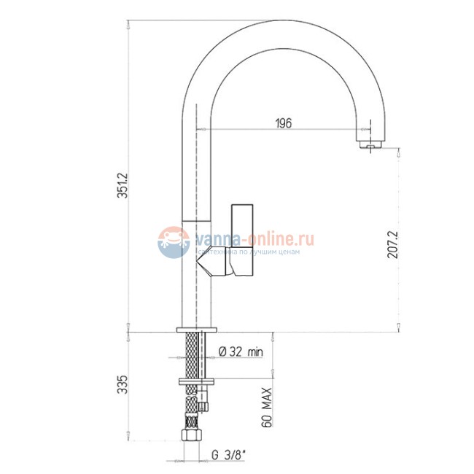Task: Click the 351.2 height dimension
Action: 123,186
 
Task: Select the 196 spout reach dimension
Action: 284,123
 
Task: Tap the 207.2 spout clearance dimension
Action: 393,244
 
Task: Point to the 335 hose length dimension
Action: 123,384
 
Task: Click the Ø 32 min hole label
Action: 241,351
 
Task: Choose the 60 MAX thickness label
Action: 267,407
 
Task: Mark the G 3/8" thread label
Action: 228,454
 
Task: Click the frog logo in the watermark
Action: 174,242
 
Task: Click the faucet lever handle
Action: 242,241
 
